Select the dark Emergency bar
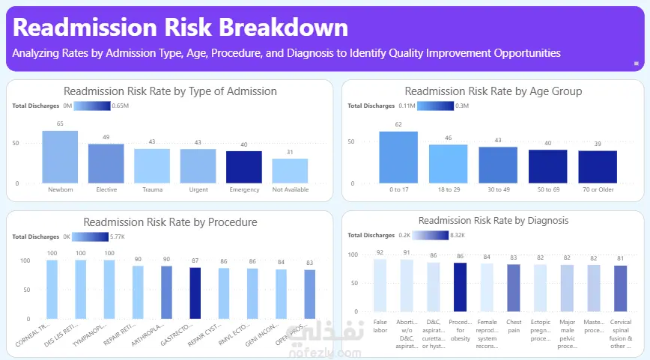pos(244,167)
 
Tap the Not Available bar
pos(290,171)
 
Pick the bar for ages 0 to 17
pos(398,157)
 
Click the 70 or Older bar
pos(597,166)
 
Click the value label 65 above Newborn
pos(60,124)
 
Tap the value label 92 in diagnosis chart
pos(380,253)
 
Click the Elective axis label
pos(106,190)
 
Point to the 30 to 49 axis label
pos(497,190)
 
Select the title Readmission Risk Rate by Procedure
pos(170,222)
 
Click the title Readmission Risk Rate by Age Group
pos(493,91)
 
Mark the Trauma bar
pos(152,165)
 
